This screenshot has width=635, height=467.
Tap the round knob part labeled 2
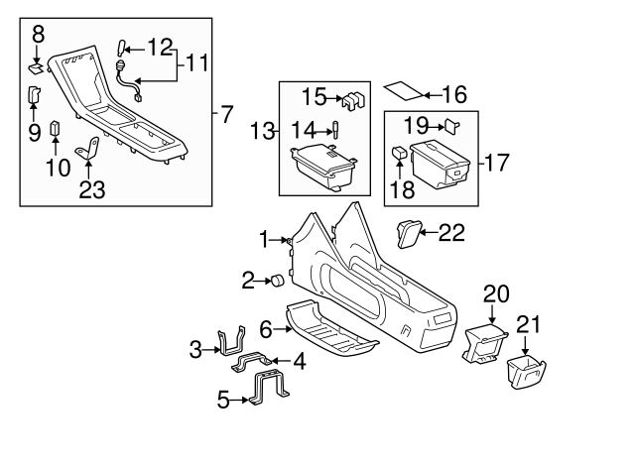coord(278,283)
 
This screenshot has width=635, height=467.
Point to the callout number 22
coord(450,232)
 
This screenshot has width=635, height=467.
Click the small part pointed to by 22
coord(408,232)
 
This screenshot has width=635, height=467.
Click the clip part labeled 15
coord(353,100)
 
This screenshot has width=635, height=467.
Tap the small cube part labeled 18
coord(399,154)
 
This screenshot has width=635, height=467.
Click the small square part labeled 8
coord(37,69)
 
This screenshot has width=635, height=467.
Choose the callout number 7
coord(226,114)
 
